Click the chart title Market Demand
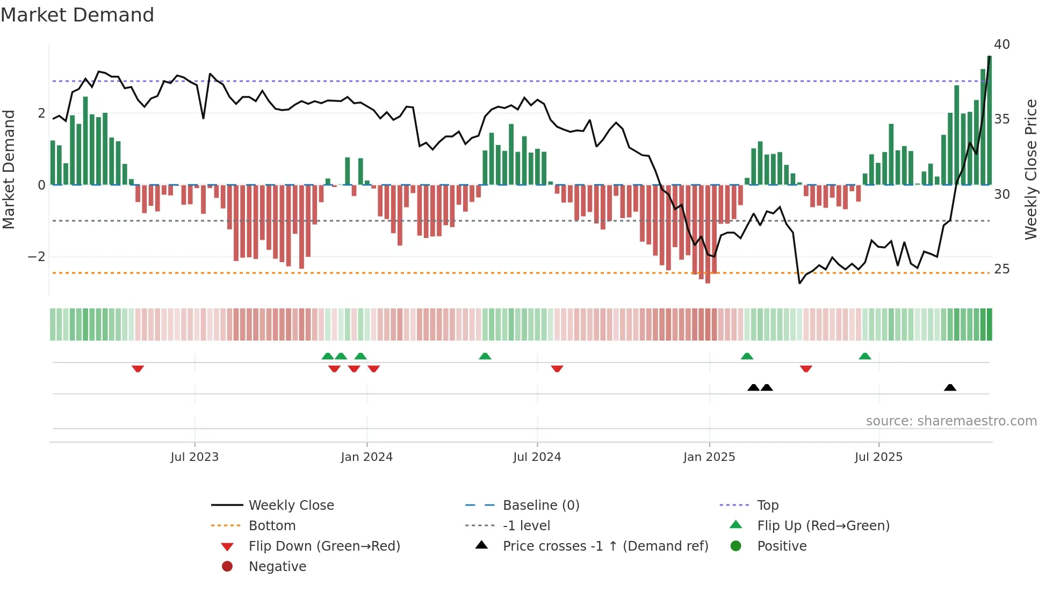[x=77, y=15]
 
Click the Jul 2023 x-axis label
[x=194, y=457]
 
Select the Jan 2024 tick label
[x=366, y=457]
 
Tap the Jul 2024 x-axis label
[x=537, y=457]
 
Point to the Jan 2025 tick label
[x=709, y=457]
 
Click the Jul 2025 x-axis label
[x=878, y=457]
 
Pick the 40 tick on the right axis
[x=1001, y=45]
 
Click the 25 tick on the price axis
[x=1001, y=269]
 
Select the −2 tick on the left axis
[x=37, y=257]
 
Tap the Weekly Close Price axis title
[x=1030, y=169]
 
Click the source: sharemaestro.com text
[x=951, y=421]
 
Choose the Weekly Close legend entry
[x=291, y=506]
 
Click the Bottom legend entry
[x=272, y=526]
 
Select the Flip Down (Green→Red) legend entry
[x=324, y=546]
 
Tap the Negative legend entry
[x=277, y=567]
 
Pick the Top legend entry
[x=767, y=506]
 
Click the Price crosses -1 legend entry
[x=605, y=546]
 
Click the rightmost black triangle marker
[x=950, y=388]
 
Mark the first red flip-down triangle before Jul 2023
[x=138, y=369]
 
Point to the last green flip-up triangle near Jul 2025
[x=864, y=356]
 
